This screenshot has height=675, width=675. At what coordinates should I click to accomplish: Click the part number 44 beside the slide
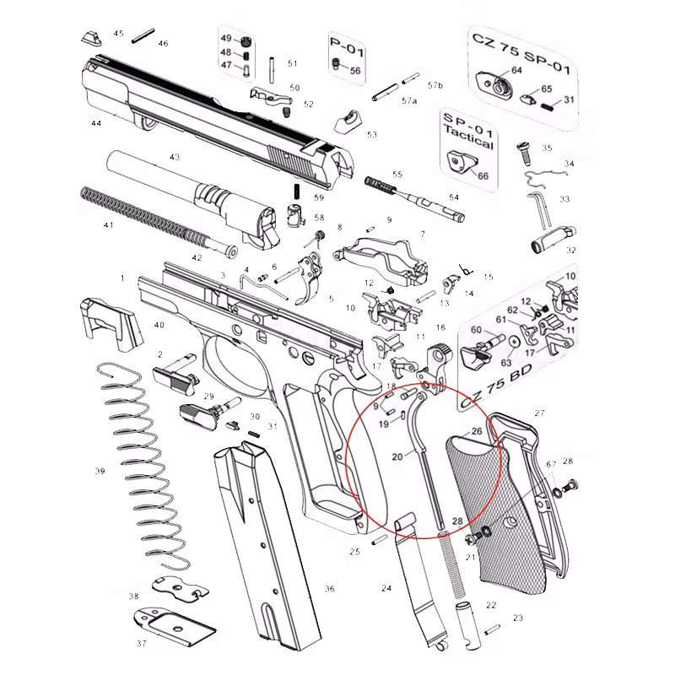click(x=96, y=123)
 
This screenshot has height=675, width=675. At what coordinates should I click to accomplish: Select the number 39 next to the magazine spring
click(x=100, y=470)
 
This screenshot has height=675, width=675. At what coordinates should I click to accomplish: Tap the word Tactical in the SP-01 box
click(x=470, y=143)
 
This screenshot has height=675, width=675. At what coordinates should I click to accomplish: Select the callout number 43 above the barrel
click(x=175, y=158)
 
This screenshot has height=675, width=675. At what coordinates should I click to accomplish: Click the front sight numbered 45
click(x=90, y=36)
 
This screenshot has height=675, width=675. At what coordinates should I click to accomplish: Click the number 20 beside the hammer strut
click(x=397, y=456)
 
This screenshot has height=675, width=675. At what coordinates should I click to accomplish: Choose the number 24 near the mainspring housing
click(x=386, y=588)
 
